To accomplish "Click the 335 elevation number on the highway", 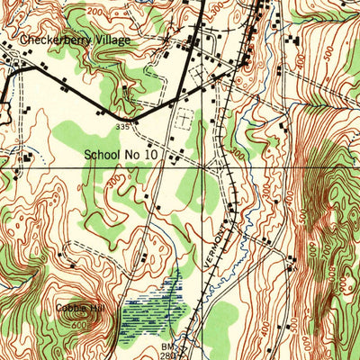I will pos(132,127).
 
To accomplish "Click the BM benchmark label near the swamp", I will pos(167,345).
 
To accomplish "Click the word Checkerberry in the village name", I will pos(58,40).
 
